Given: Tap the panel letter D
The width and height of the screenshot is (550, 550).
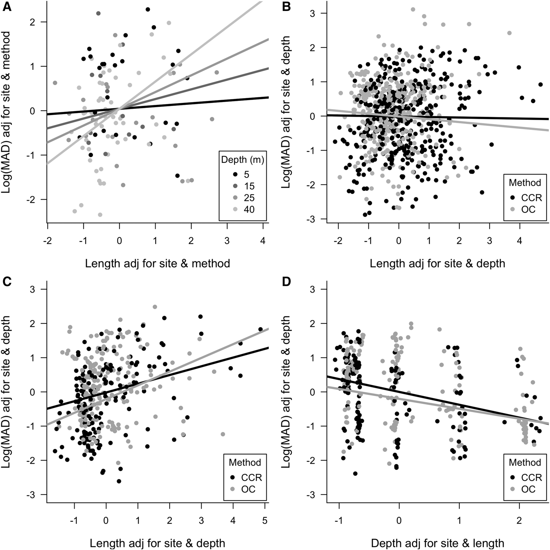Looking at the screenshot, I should [x=285, y=281].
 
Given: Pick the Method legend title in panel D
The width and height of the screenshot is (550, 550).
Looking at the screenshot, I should [x=525, y=462].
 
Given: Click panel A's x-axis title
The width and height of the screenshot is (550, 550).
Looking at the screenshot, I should [x=158, y=263].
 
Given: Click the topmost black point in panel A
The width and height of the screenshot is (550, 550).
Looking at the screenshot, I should [x=147, y=9].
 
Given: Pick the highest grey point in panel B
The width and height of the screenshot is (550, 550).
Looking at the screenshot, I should [x=413, y=9].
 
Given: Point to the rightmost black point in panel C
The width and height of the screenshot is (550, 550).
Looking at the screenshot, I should [x=260, y=329].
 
